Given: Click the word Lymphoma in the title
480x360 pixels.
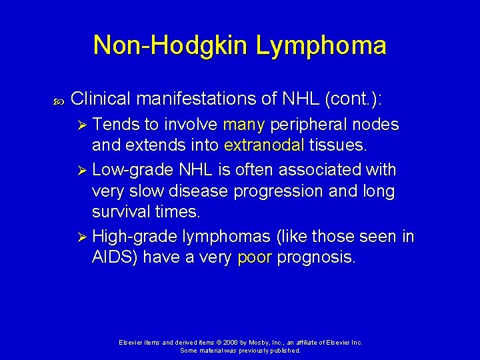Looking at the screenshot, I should (x=321, y=45).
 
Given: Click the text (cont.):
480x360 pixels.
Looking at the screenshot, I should (x=352, y=99).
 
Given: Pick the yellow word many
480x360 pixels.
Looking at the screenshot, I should (x=244, y=125).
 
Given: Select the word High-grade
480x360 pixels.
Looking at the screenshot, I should (x=134, y=236).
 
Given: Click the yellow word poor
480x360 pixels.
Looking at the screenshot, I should (x=254, y=258).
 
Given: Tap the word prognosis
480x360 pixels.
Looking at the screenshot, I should (x=315, y=258).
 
